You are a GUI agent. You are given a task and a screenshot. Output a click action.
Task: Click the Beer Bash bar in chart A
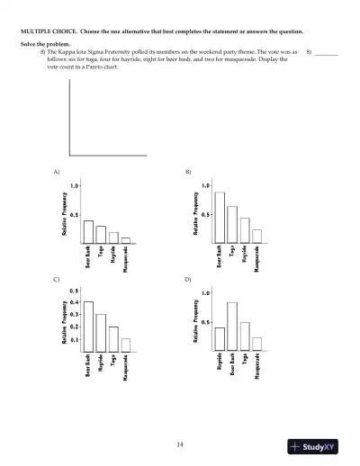[88, 231]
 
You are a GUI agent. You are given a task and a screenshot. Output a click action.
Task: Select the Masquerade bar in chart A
[125, 240]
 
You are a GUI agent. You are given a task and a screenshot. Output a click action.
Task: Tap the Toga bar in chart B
[232, 224]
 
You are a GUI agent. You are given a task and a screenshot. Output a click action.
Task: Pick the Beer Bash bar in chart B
[220, 217]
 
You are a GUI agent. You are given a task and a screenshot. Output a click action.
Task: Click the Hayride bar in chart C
[101, 332]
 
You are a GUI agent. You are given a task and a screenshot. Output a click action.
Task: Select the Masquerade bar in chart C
[126, 345]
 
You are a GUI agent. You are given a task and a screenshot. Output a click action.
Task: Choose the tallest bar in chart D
[232, 327]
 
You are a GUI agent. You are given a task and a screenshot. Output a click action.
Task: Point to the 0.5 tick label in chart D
[206, 322]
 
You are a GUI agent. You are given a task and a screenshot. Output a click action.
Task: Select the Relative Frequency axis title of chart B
[196, 213]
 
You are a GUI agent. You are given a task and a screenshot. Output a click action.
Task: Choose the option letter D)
[188, 280]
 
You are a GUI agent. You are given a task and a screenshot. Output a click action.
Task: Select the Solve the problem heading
[42, 44]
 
